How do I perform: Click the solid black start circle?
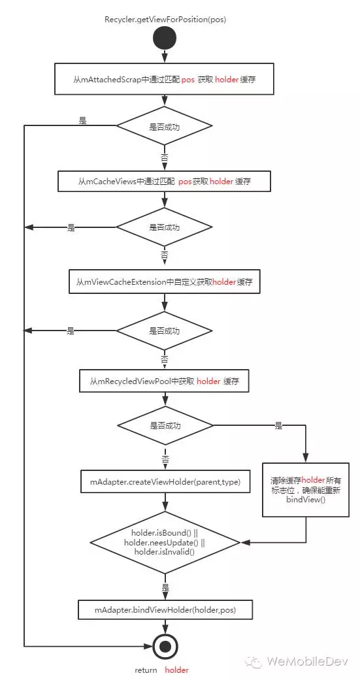[165, 38]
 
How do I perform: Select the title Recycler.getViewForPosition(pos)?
[165, 20]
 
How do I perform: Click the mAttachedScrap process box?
[165, 79]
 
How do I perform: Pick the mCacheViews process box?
[165, 182]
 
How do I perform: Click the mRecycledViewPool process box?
[165, 381]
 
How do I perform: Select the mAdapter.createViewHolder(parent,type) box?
[165, 481]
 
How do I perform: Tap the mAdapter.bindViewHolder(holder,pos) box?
[165, 609]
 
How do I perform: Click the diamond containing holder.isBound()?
[165, 542]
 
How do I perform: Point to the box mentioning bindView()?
[306, 489]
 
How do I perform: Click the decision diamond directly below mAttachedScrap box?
[165, 127]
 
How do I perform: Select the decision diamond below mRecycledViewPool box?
[165, 426]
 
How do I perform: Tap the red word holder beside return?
[177, 670]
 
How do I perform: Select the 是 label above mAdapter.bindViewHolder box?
[165, 588]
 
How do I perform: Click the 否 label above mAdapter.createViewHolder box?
[165, 458]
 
